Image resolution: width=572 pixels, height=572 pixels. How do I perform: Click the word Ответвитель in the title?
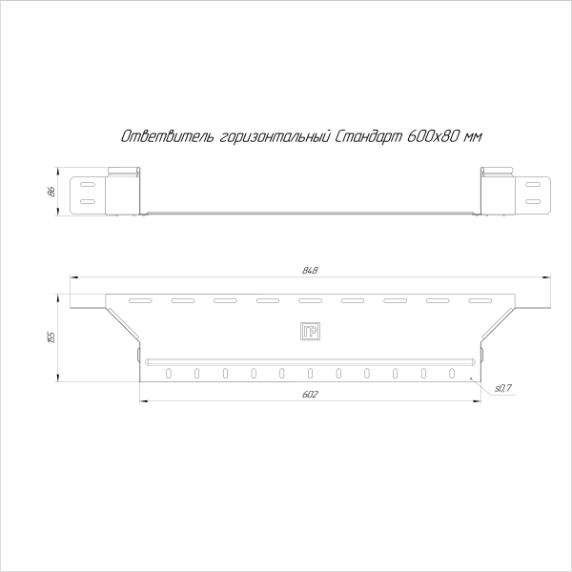(153, 137)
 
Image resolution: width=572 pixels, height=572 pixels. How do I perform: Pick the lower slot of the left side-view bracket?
(86, 201)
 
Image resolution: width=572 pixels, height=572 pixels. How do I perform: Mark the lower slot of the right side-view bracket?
(532, 201)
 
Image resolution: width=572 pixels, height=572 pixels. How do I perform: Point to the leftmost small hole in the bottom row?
(169, 373)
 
